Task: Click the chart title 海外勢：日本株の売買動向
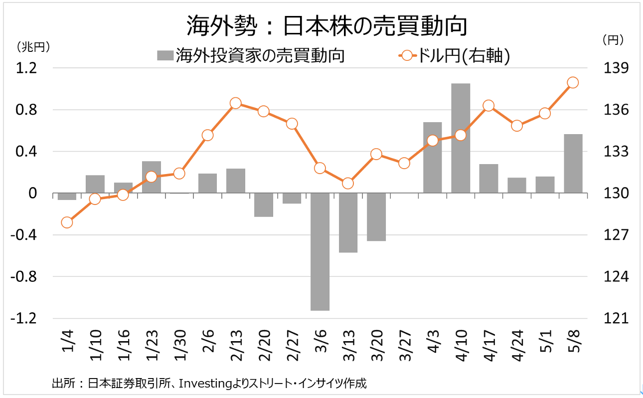326,26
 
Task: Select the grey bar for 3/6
320,252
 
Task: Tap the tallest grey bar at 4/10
461,138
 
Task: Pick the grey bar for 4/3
433,157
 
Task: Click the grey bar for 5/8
573,164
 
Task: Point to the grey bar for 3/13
348,222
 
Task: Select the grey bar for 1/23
152,177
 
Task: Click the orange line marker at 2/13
236,103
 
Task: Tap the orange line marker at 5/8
573,83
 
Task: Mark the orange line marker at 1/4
67,222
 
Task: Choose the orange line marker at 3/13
348,184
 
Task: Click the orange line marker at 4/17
488,106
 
